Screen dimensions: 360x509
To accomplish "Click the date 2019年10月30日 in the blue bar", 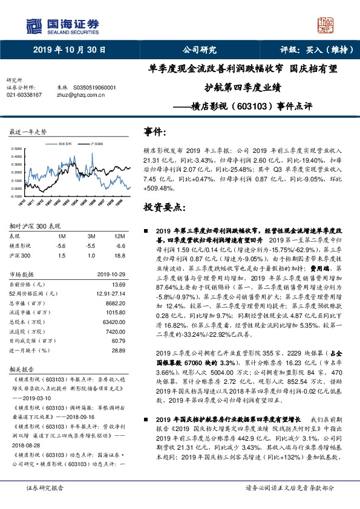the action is (68, 50).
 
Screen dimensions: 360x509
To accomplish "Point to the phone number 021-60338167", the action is (24, 95).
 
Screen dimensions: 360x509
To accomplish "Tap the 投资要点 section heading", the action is (163, 206).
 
